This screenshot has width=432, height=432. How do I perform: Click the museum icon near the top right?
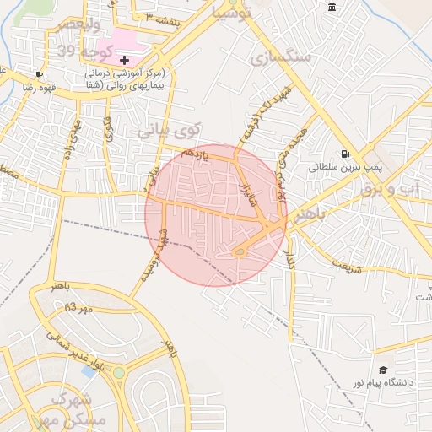pyautogui.click(x=332, y=8)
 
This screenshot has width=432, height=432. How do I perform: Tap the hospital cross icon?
pyautogui.click(x=125, y=60)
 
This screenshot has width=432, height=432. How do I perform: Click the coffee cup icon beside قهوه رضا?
pyautogui.click(x=39, y=74)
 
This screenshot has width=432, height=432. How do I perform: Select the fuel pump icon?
pyautogui.click(x=344, y=154)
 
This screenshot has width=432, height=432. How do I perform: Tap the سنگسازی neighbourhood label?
pyautogui.click(x=281, y=57)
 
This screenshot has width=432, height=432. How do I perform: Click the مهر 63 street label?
pyautogui.click(x=77, y=307)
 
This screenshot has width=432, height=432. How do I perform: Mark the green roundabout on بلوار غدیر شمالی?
pyautogui.click(x=119, y=372)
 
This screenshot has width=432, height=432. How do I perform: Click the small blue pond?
pyautogui.click(x=89, y=370)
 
